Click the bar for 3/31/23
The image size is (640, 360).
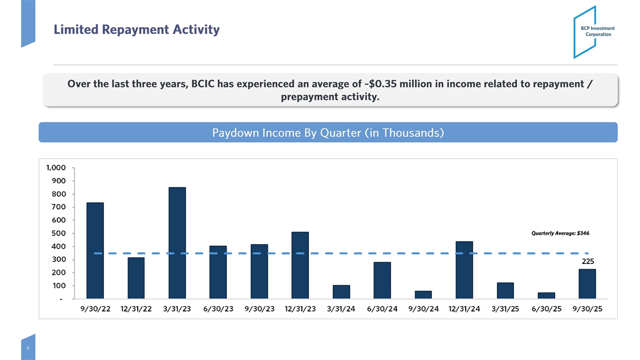[x=177, y=243]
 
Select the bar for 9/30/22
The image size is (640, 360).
[x=95, y=250]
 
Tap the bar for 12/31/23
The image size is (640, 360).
[x=300, y=265]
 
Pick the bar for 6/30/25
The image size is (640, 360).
[x=546, y=295]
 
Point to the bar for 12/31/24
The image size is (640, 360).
[x=464, y=270]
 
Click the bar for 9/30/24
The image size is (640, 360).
[x=423, y=294]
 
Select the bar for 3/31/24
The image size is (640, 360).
[x=341, y=292]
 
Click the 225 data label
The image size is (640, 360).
[x=588, y=262]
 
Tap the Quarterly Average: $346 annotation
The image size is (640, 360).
[x=560, y=233]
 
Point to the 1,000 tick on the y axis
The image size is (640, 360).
[x=56, y=168]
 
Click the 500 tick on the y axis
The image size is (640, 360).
[x=59, y=234]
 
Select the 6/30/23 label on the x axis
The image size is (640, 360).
[x=218, y=309]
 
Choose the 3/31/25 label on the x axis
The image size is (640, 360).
[x=505, y=309]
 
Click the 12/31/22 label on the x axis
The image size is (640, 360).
[x=136, y=309]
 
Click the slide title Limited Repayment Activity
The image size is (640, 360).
[x=136, y=30]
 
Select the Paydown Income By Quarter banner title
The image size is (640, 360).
[x=328, y=132]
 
